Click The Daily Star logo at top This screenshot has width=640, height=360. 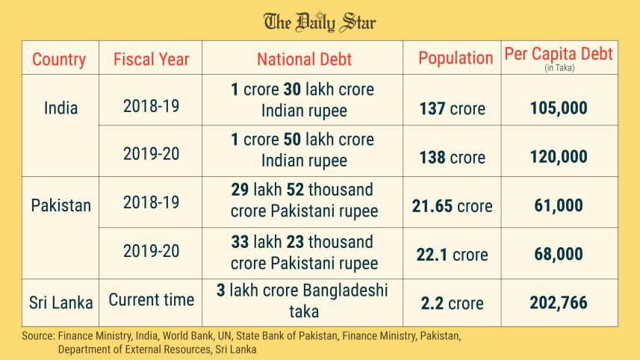coord(320,22)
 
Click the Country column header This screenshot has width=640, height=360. coord(59,59)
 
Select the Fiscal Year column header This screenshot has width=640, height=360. coord(152,59)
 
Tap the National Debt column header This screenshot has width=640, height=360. coord(304,59)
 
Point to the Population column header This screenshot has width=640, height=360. coord(456,58)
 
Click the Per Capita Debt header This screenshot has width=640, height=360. coord(559,54)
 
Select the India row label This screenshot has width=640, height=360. coord(60,108)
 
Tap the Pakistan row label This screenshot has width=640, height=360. coord(60,205)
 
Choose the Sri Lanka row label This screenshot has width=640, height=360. coord(61,302)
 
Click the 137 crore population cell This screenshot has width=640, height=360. coord(453,109)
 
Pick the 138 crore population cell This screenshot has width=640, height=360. coord(453,158)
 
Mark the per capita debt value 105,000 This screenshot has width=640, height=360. coord(559,109)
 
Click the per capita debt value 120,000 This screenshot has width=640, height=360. coord(559,158)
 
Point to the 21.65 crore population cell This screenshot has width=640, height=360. coord(452,206)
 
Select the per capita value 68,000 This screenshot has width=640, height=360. coord(559,255)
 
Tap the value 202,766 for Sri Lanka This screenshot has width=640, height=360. coord(559,303)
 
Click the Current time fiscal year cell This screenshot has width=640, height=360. coord(152,300)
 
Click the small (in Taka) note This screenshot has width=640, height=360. coord(559,68)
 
